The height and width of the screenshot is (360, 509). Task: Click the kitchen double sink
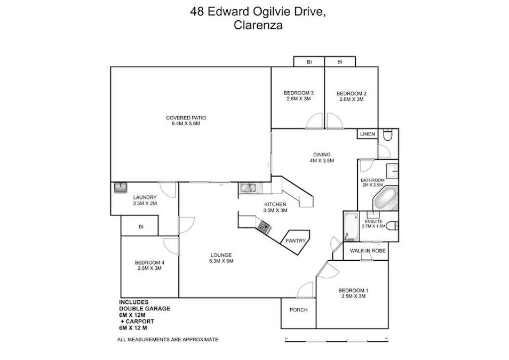(x=248, y=187)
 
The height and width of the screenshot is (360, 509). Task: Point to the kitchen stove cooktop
(x=264, y=228)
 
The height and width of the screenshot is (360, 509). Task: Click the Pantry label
(x=296, y=241)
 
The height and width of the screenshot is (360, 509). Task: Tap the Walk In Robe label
(x=365, y=250)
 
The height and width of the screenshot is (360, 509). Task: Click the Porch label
(x=298, y=310)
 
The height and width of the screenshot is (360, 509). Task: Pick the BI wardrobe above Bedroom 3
(x=308, y=62)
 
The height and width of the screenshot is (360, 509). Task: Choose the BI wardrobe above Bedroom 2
(x=339, y=62)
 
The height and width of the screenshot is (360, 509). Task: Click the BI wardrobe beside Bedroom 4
(x=141, y=227)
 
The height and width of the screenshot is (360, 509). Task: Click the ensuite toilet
(x=392, y=225)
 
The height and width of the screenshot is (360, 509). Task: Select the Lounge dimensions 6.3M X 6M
(x=221, y=261)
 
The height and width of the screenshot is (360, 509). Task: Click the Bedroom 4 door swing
(x=171, y=245)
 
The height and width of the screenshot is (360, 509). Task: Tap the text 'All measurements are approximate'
(x=168, y=340)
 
